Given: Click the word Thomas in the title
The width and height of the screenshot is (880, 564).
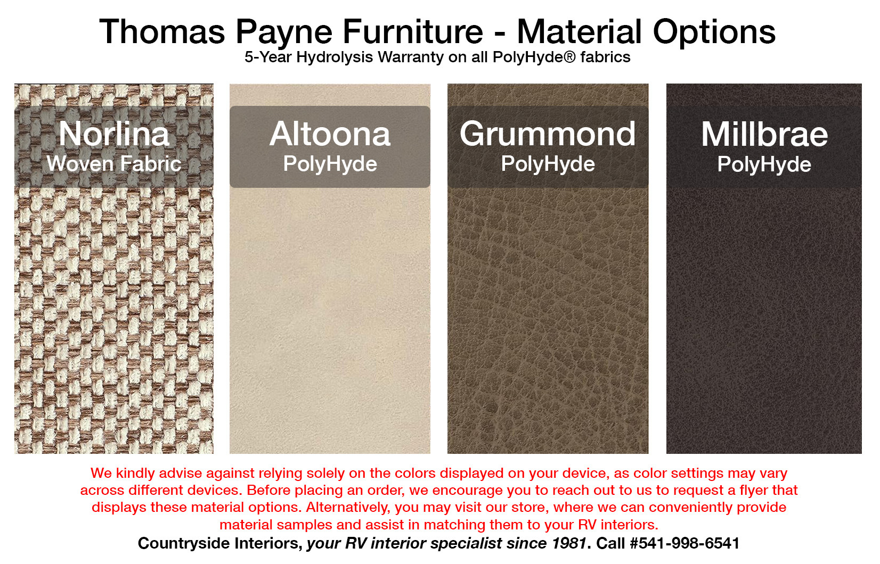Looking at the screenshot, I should (x=162, y=32).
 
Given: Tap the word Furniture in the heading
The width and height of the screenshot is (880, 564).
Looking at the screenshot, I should (x=412, y=32).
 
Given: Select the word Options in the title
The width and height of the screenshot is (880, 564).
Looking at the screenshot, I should (x=714, y=32).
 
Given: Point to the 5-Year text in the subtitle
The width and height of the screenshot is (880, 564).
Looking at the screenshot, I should (x=268, y=57).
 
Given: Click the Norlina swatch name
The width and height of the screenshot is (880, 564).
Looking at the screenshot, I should (x=114, y=134).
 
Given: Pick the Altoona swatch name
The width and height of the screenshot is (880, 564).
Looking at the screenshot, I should (x=330, y=134).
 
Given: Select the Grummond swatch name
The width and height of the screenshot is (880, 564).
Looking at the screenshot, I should (x=548, y=134).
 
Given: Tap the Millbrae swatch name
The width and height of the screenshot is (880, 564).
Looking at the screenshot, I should (x=764, y=135).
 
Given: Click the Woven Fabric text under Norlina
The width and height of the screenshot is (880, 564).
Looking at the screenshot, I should (x=114, y=164).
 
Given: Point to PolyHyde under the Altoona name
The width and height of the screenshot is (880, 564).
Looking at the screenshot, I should (x=330, y=164).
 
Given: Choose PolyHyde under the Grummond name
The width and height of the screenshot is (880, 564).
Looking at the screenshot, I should (x=548, y=164).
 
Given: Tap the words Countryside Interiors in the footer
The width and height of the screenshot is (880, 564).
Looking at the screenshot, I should (x=219, y=543).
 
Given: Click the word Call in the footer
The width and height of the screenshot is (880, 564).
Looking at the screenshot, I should (x=610, y=543).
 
